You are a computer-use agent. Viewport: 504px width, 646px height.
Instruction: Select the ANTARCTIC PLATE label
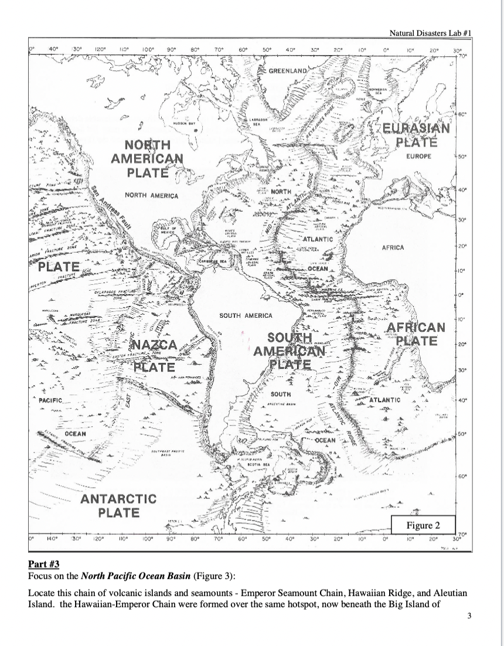pyautogui.click(x=118, y=506)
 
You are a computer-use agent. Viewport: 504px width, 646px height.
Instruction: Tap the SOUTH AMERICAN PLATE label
pyautogui.click(x=290, y=351)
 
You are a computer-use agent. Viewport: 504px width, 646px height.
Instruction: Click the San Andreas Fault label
pyautogui.click(x=115, y=210)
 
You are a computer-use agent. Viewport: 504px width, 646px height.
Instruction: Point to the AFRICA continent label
pyautogui.click(x=393, y=248)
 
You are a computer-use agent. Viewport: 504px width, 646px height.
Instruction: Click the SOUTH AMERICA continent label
pyautogui.click(x=246, y=316)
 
